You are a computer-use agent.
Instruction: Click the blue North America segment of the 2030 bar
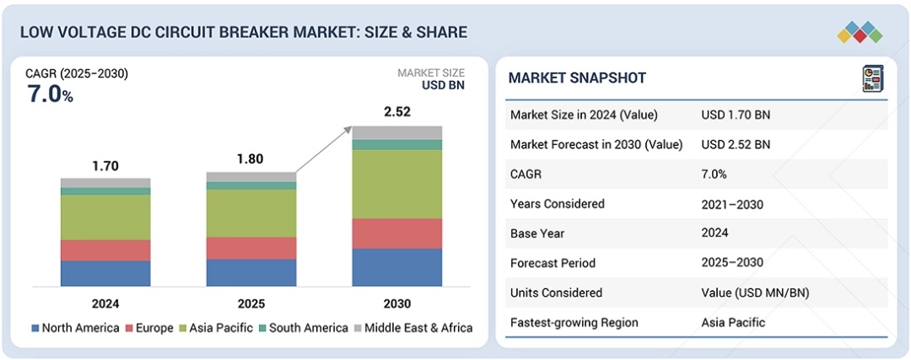pyautogui.click(x=396, y=267)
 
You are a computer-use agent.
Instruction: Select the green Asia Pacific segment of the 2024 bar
pyautogui.click(x=105, y=218)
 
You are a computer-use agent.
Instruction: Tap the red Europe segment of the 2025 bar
pyautogui.click(x=251, y=248)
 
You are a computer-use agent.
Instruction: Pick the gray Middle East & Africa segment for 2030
pyautogui.click(x=396, y=132)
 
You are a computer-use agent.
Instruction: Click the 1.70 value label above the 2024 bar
pyautogui.click(x=105, y=167)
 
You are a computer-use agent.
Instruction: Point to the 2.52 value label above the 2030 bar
pyautogui.click(x=396, y=112)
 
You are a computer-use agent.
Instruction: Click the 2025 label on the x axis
pyautogui.click(x=251, y=304)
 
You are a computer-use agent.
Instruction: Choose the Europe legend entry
pyautogui.click(x=148, y=328)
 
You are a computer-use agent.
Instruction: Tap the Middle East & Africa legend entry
pyautogui.click(x=412, y=328)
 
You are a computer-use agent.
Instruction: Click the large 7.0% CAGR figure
pyautogui.click(x=51, y=94)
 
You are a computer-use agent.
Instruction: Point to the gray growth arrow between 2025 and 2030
pyautogui.click(x=325, y=149)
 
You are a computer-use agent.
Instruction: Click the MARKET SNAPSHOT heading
pyautogui.click(x=577, y=78)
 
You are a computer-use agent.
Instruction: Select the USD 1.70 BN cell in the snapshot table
pyautogui.click(x=736, y=115)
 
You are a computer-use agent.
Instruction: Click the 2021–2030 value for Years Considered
pyautogui.click(x=732, y=204)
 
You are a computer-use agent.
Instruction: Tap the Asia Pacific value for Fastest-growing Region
pyautogui.click(x=733, y=323)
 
